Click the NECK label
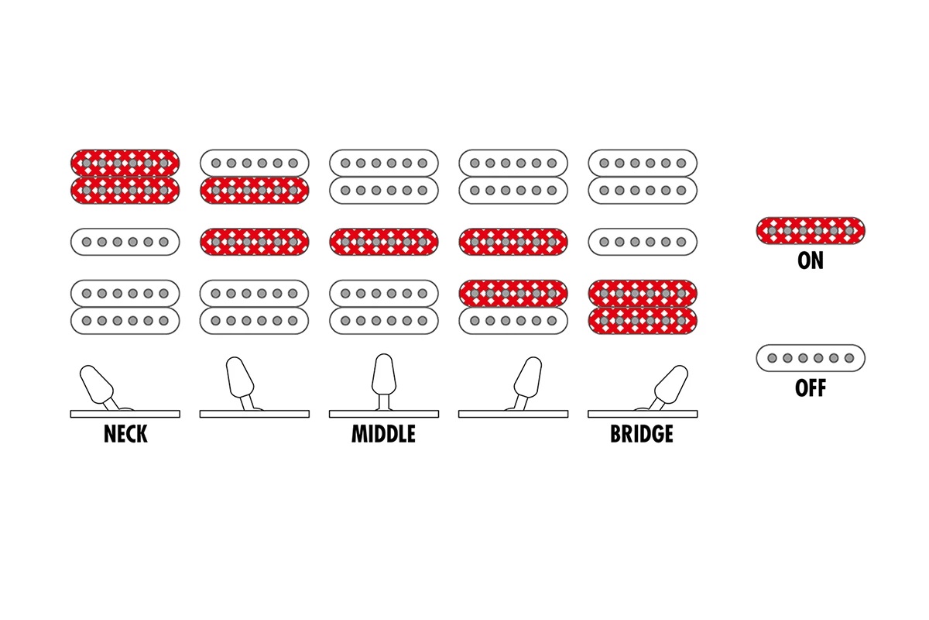pos(125,434)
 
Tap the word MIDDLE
pos(383,434)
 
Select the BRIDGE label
pos(642,434)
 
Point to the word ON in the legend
pos(810,260)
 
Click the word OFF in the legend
pos(810,387)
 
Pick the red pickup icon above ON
pos(810,230)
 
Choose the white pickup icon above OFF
pos(810,357)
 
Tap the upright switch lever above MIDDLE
pos(384,378)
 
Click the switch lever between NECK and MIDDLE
pos(240,381)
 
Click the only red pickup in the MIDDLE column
pos(384,242)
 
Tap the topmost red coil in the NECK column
pos(125,163)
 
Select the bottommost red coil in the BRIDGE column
pos(643,320)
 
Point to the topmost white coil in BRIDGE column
pos(643,163)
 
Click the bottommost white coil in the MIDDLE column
pos(384,320)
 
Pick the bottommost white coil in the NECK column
pos(125,320)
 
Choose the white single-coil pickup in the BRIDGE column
pos(643,242)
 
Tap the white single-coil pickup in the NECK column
pos(125,242)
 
